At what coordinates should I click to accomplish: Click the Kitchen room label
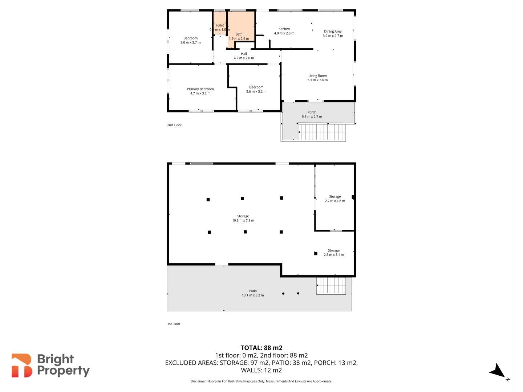pyautogui.click(x=284, y=29)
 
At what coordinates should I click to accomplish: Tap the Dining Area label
pyautogui.click(x=333, y=32)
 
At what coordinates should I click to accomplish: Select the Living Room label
pyautogui.click(x=317, y=76)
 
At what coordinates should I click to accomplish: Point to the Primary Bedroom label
pyautogui.click(x=200, y=89)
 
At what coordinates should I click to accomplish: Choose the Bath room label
pyautogui.click(x=239, y=34)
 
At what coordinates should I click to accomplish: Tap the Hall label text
pyautogui.click(x=244, y=54)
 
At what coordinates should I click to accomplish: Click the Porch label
pyautogui.click(x=312, y=113)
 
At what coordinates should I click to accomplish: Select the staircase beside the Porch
pyautogui.click(x=321, y=132)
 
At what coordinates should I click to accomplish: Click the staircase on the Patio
pyautogui.click(x=331, y=285)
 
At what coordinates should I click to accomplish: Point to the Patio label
pyautogui.click(x=253, y=291)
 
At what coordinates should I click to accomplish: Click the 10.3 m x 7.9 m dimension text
pyautogui.click(x=243, y=221)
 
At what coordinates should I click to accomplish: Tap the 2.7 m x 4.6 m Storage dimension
pyautogui.click(x=335, y=201)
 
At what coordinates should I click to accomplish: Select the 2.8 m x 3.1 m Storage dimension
pyautogui.click(x=334, y=255)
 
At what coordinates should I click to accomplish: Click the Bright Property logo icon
pyautogui.click(x=22, y=366)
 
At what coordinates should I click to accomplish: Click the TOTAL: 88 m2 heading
pyautogui.click(x=261, y=348)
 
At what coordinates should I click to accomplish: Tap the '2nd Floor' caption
pyautogui.click(x=174, y=125)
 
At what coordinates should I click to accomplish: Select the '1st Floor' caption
pyautogui.click(x=174, y=324)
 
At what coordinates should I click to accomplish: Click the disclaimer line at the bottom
pyautogui.click(x=261, y=381)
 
